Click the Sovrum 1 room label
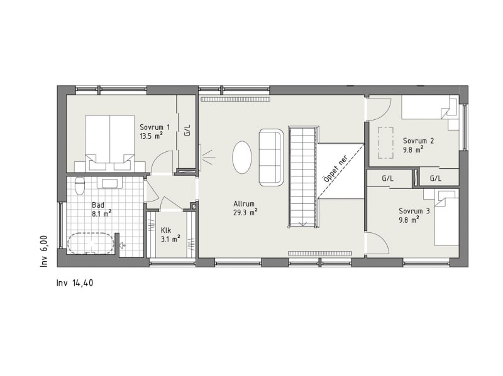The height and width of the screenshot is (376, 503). pyautogui.click(x=155, y=127)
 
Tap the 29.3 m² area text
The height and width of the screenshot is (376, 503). pyautogui.click(x=246, y=212)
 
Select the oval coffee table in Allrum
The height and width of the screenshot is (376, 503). pyautogui.click(x=241, y=158)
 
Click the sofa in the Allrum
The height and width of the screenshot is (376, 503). pyautogui.click(x=272, y=158)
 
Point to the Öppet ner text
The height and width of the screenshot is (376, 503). pyautogui.click(x=336, y=169)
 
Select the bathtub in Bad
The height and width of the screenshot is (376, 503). pyautogui.click(x=91, y=244)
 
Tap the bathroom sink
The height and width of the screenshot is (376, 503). pyautogui.click(x=109, y=183)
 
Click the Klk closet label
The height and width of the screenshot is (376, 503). pyautogui.click(x=166, y=230)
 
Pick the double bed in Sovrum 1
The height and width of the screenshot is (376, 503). pyautogui.click(x=109, y=143)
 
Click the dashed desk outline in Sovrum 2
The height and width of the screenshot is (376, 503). pyautogui.click(x=385, y=143)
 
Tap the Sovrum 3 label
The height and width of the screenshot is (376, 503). pyautogui.click(x=414, y=211)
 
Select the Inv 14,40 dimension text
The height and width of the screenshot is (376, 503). pyautogui.click(x=75, y=283)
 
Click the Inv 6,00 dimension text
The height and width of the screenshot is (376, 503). pyautogui.click(x=44, y=251)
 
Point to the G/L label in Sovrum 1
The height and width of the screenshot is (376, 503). pyautogui.click(x=187, y=130)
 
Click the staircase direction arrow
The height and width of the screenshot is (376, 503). pyautogui.click(x=302, y=223)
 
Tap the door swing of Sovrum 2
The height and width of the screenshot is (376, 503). pyautogui.click(x=380, y=109)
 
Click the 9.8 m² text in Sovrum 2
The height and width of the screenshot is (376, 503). pyautogui.click(x=413, y=149)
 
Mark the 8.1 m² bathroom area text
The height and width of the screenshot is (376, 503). pyautogui.click(x=102, y=213)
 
